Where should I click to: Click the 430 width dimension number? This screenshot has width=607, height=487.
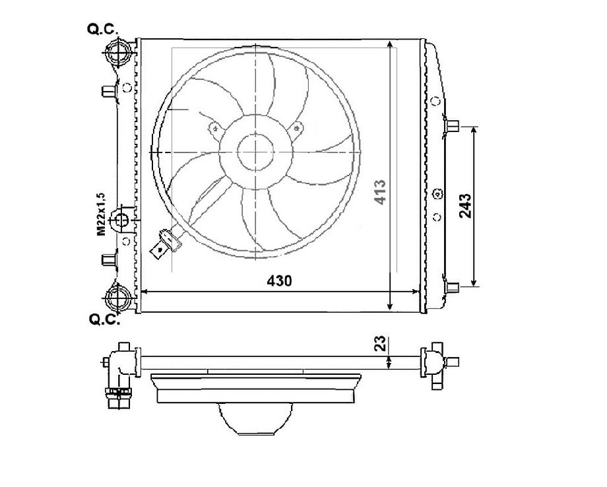(x=279, y=280)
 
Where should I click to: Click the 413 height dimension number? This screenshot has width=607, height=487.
(x=380, y=192)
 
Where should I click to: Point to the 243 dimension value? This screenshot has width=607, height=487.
(x=465, y=206)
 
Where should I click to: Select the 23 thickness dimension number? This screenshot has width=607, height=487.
(x=381, y=343)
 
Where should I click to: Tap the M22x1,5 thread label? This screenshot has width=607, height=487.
(x=101, y=214)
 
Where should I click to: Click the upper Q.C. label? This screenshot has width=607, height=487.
(x=102, y=29)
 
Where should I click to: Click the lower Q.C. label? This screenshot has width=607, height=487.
(x=104, y=319)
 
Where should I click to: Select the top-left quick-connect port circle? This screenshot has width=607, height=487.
(x=117, y=52)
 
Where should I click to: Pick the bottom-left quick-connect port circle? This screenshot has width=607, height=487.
(x=118, y=298)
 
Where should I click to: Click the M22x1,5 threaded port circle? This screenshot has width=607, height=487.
(x=120, y=220)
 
